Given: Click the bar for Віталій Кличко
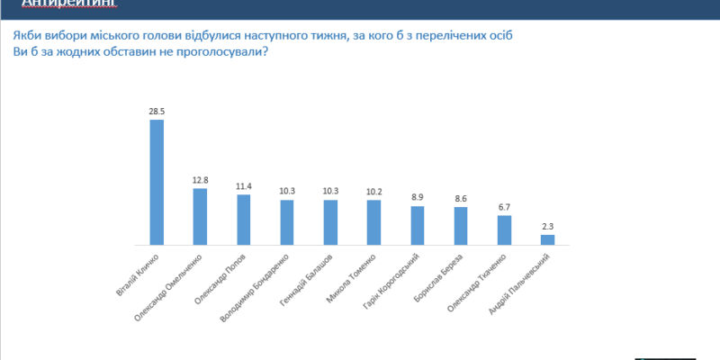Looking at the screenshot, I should (157, 182).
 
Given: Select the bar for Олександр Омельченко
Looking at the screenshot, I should (200, 216).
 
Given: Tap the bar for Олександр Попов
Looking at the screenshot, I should (244, 220).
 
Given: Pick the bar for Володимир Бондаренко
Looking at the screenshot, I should (287, 221).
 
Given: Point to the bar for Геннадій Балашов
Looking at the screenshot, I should (330, 221).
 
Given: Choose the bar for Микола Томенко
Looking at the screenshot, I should (373, 222).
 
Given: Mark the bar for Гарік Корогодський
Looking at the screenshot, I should (417, 225).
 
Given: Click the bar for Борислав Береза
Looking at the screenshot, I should (460, 226).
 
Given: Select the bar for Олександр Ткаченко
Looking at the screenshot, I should (504, 229).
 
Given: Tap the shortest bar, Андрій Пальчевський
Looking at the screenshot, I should (547, 239).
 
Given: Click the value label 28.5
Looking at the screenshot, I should (157, 112).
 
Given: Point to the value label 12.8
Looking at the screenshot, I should (200, 180).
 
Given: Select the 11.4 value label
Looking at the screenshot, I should (244, 186).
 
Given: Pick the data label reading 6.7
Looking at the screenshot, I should (504, 207).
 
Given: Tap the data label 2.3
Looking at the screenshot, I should (547, 227).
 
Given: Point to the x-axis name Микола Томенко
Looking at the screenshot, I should (352, 279).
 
